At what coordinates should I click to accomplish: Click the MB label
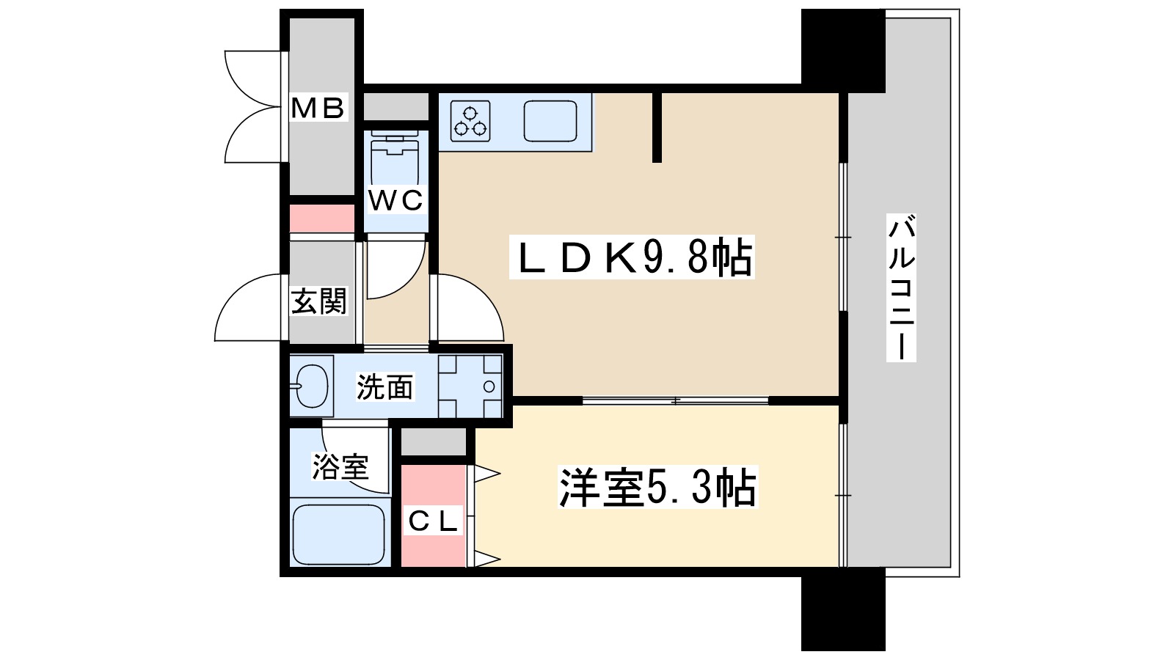pos(318,109)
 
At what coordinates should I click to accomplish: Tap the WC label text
pos(395,200)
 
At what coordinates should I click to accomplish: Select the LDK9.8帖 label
pos(632,258)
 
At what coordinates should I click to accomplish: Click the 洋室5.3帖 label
pos(657,488)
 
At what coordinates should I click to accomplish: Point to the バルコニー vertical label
pos(902,287)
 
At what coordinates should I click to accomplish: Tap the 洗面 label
pos(384,387)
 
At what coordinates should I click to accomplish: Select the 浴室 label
pos(340,466)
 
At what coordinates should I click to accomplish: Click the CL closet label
pos(433,521)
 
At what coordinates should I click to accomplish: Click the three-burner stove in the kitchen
pos(470,121)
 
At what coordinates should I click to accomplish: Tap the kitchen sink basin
pos(550,121)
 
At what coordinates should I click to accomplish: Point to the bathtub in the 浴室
pos(339,533)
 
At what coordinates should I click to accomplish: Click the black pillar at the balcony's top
pos(842,48)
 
